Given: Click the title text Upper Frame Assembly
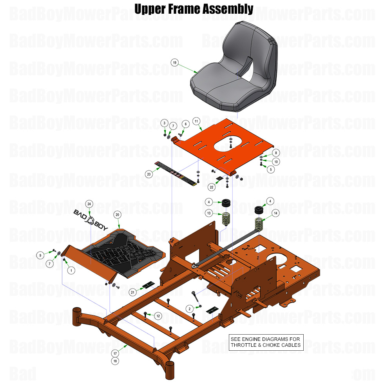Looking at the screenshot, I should pos(194,9).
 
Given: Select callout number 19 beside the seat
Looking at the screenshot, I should pos(175,62).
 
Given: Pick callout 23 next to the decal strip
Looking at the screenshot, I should pos(149,174).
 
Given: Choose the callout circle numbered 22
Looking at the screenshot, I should pos(212,188).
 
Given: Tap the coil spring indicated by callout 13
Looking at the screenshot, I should pos(226,219).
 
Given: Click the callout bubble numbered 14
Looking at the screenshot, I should pos(276,213).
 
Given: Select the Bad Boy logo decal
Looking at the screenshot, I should pos(90,217).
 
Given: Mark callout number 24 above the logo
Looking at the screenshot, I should pos(89,204).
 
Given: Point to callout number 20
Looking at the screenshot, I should pos(117,214).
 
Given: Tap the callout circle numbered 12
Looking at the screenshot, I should pos(158,315).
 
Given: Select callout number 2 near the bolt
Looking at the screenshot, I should pos(189,309).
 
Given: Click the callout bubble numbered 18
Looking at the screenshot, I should pos(115,360).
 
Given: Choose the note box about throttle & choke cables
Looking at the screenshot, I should pos(266,342).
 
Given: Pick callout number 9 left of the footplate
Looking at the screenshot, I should pos(40,255).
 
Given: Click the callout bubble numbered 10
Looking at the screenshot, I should pos(276,161).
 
